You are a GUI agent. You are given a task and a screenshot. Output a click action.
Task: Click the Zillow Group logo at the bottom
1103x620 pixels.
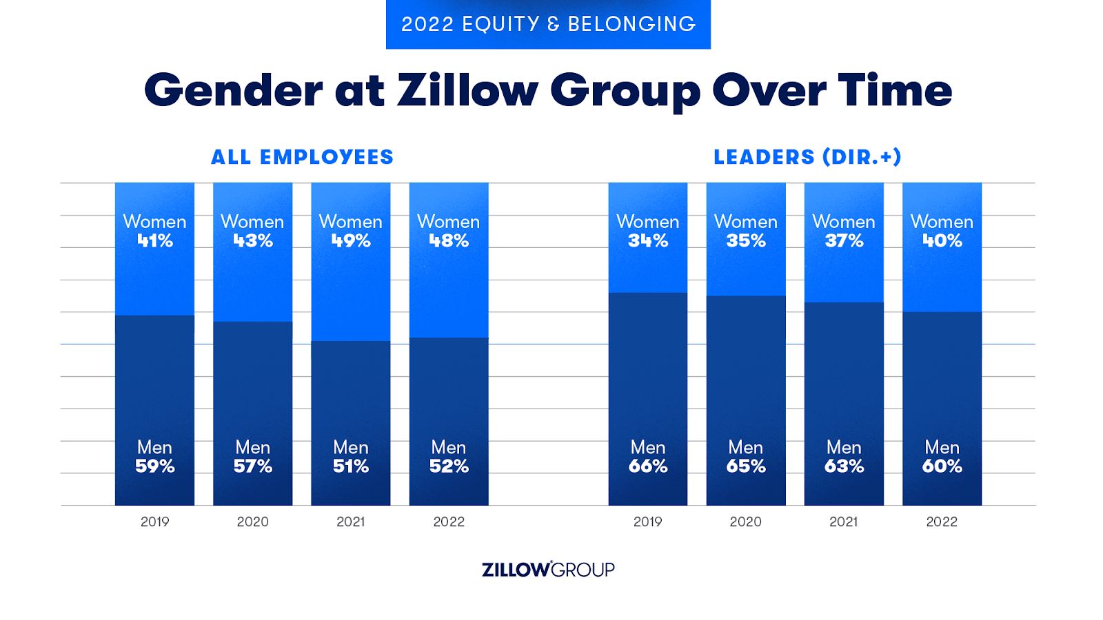coord(548,570)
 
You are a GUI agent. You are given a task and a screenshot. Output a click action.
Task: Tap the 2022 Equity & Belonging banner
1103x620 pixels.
coord(548,24)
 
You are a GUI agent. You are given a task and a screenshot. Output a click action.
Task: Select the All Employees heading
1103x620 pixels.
coord(302,157)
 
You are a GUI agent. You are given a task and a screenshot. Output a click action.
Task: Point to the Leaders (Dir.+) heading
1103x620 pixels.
coord(807,157)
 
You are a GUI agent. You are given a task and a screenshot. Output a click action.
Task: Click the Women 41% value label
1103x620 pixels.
coord(155,240)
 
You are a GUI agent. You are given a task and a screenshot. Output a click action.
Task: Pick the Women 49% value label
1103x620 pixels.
coord(351,240)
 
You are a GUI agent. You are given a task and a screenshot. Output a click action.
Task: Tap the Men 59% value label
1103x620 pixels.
coord(155,466)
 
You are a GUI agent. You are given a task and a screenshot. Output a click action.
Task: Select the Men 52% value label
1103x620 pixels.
coord(449,466)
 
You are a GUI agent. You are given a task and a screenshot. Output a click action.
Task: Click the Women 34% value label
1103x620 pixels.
coord(648,240)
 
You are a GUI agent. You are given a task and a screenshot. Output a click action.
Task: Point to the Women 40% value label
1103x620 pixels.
coord(942,240)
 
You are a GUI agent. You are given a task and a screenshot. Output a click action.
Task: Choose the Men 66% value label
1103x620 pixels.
coord(648,466)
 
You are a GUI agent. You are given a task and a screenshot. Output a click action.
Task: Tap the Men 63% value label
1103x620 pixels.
coord(844,466)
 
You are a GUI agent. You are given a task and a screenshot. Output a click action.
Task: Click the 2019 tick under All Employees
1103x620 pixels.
coord(155,521)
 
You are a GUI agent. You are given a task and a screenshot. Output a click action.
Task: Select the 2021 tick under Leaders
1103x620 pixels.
coord(844,521)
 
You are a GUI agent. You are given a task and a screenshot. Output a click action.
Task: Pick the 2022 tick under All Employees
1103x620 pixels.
coord(449,521)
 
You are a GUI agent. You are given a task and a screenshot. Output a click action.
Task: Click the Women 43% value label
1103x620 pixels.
coord(253,240)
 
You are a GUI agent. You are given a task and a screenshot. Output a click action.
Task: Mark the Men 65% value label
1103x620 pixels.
coord(746,466)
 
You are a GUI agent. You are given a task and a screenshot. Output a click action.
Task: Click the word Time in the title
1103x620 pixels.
coord(895,91)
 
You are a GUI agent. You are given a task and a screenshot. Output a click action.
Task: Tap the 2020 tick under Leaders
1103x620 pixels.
coord(746,521)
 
